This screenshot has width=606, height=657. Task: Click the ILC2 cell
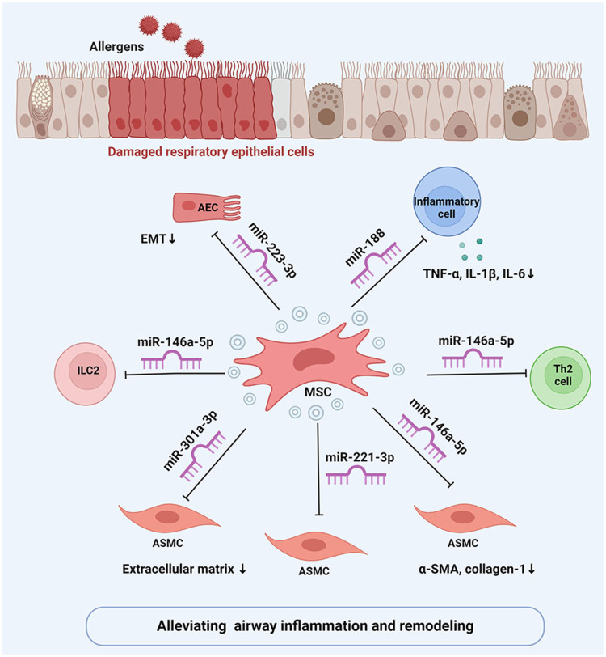(x=85, y=374)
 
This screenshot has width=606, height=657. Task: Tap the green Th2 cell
(x=561, y=377)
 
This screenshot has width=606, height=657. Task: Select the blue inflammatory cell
(x=447, y=202)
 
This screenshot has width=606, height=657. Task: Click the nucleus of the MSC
(x=313, y=359)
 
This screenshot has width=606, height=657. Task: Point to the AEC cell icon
(x=207, y=206)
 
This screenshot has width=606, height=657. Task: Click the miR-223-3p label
(x=272, y=250)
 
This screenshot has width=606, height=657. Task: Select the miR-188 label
(x=365, y=248)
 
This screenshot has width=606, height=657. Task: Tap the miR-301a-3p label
(x=190, y=440)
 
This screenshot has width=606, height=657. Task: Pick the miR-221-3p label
(x=360, y=457)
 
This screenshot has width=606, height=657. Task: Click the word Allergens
(x=116, y=46)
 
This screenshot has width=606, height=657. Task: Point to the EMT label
(x=154, y=239)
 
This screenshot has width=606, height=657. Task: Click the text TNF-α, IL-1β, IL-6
(x=474, y=274)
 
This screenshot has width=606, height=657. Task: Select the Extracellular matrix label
(x=179, y=569)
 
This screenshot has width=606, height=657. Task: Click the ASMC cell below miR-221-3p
(x=316, y=545)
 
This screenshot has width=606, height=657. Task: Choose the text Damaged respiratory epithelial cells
(x=211, y=151)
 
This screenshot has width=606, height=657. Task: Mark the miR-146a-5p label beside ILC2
(x=175, y=342)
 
